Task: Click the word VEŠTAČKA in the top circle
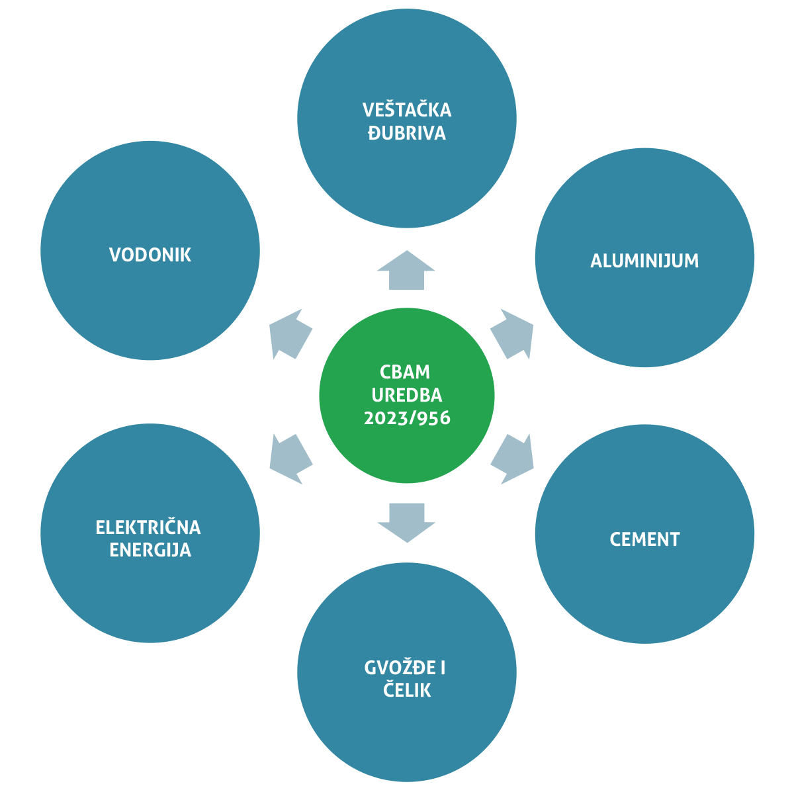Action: [x=406, y=110]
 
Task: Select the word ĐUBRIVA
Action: [x=406, y=133]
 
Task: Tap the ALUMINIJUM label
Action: [x=644, y=261]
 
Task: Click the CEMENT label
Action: [x=644, y=539]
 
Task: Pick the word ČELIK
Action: [x=407, y=690]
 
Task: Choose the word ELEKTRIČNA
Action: [x=148, y=527]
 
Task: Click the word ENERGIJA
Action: [x=150, y=550]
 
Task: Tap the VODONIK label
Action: [x=150, y=255]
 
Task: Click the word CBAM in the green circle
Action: [x=405, y=372]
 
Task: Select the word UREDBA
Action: [x=407, y=395]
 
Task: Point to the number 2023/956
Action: [x=407, y=418]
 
